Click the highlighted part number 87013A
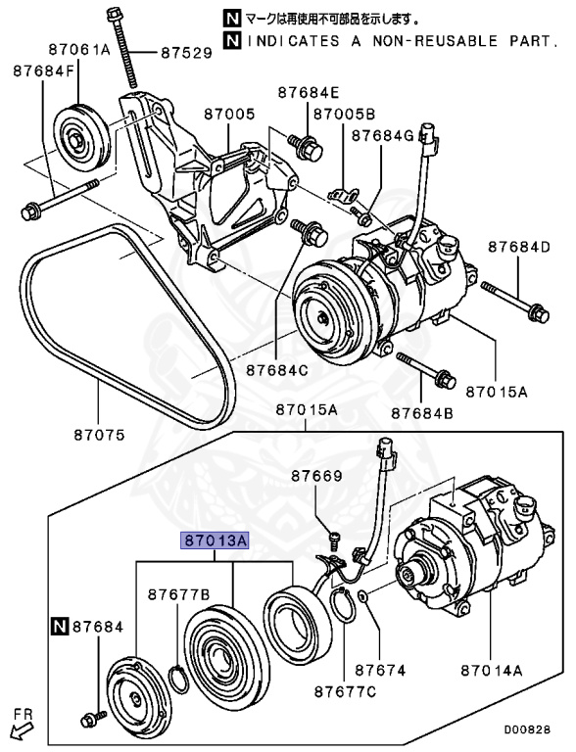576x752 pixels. (x=215, y=540)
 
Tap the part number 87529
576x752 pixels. (x=187, y=52)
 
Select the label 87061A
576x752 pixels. (x=79, y=49)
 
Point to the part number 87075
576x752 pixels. (x=99, y=435)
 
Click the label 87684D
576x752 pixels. (x=519, y=247)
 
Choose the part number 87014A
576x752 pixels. (x=492, y=670)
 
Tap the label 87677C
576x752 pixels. (x=346, y=691)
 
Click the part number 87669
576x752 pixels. (x=317, y=476)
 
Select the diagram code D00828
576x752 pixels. (x=527, y=729)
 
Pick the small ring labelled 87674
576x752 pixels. (x=362, y=596)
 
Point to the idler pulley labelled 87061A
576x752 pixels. (x=82, y=138)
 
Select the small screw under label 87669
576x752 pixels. (x=335, y=540)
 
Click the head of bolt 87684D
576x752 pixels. (x=539, y=314)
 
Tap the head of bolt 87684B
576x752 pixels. (x=446, y=380)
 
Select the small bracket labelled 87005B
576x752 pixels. (x=343, y=196)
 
